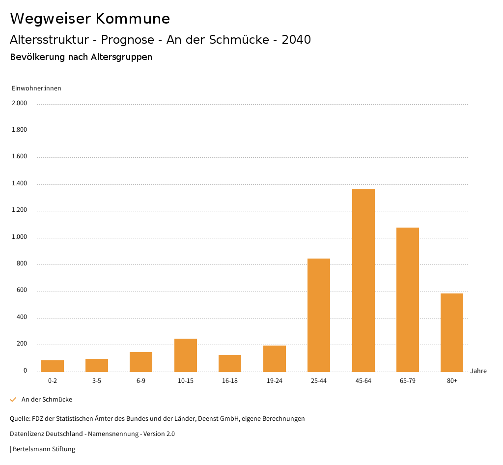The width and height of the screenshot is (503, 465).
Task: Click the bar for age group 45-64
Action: (363, 280)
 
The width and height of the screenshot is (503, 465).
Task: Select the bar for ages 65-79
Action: (408, 299)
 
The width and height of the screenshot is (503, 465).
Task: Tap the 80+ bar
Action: (452, 332)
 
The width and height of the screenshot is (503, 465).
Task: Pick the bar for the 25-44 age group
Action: (319, 315)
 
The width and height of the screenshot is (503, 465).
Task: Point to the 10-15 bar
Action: (186, 355)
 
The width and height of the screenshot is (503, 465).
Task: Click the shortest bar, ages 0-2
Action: (53, 366)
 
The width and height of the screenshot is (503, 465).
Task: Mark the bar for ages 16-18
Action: (230, 363)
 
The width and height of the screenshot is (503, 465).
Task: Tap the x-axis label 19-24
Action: (275, 381)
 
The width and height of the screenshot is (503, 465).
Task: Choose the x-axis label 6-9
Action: (141, 381)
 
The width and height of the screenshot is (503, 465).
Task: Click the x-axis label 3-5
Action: (97, 381)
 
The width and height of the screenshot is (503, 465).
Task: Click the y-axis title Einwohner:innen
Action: (36, 88)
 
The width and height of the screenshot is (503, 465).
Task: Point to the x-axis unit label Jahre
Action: (478, 371)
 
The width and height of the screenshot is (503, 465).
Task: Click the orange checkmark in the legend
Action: (13, 400)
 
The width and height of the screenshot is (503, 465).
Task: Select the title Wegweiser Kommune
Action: (90, 19)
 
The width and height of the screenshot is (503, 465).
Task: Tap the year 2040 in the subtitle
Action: (296, 40)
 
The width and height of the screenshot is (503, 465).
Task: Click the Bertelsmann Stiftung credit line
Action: (44, 449)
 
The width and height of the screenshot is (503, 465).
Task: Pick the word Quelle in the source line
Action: (19, 419)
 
